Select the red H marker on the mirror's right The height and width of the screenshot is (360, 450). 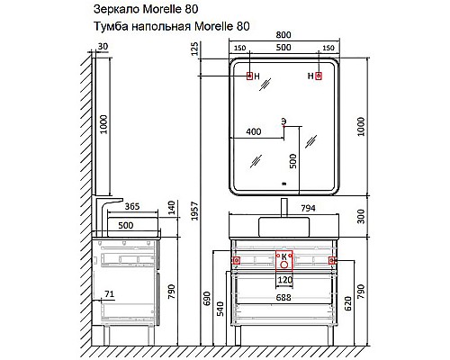(x=318, y=76)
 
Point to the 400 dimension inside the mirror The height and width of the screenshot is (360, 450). (x=253, y=132)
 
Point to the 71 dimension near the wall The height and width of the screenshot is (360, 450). (x=109, y=294)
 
